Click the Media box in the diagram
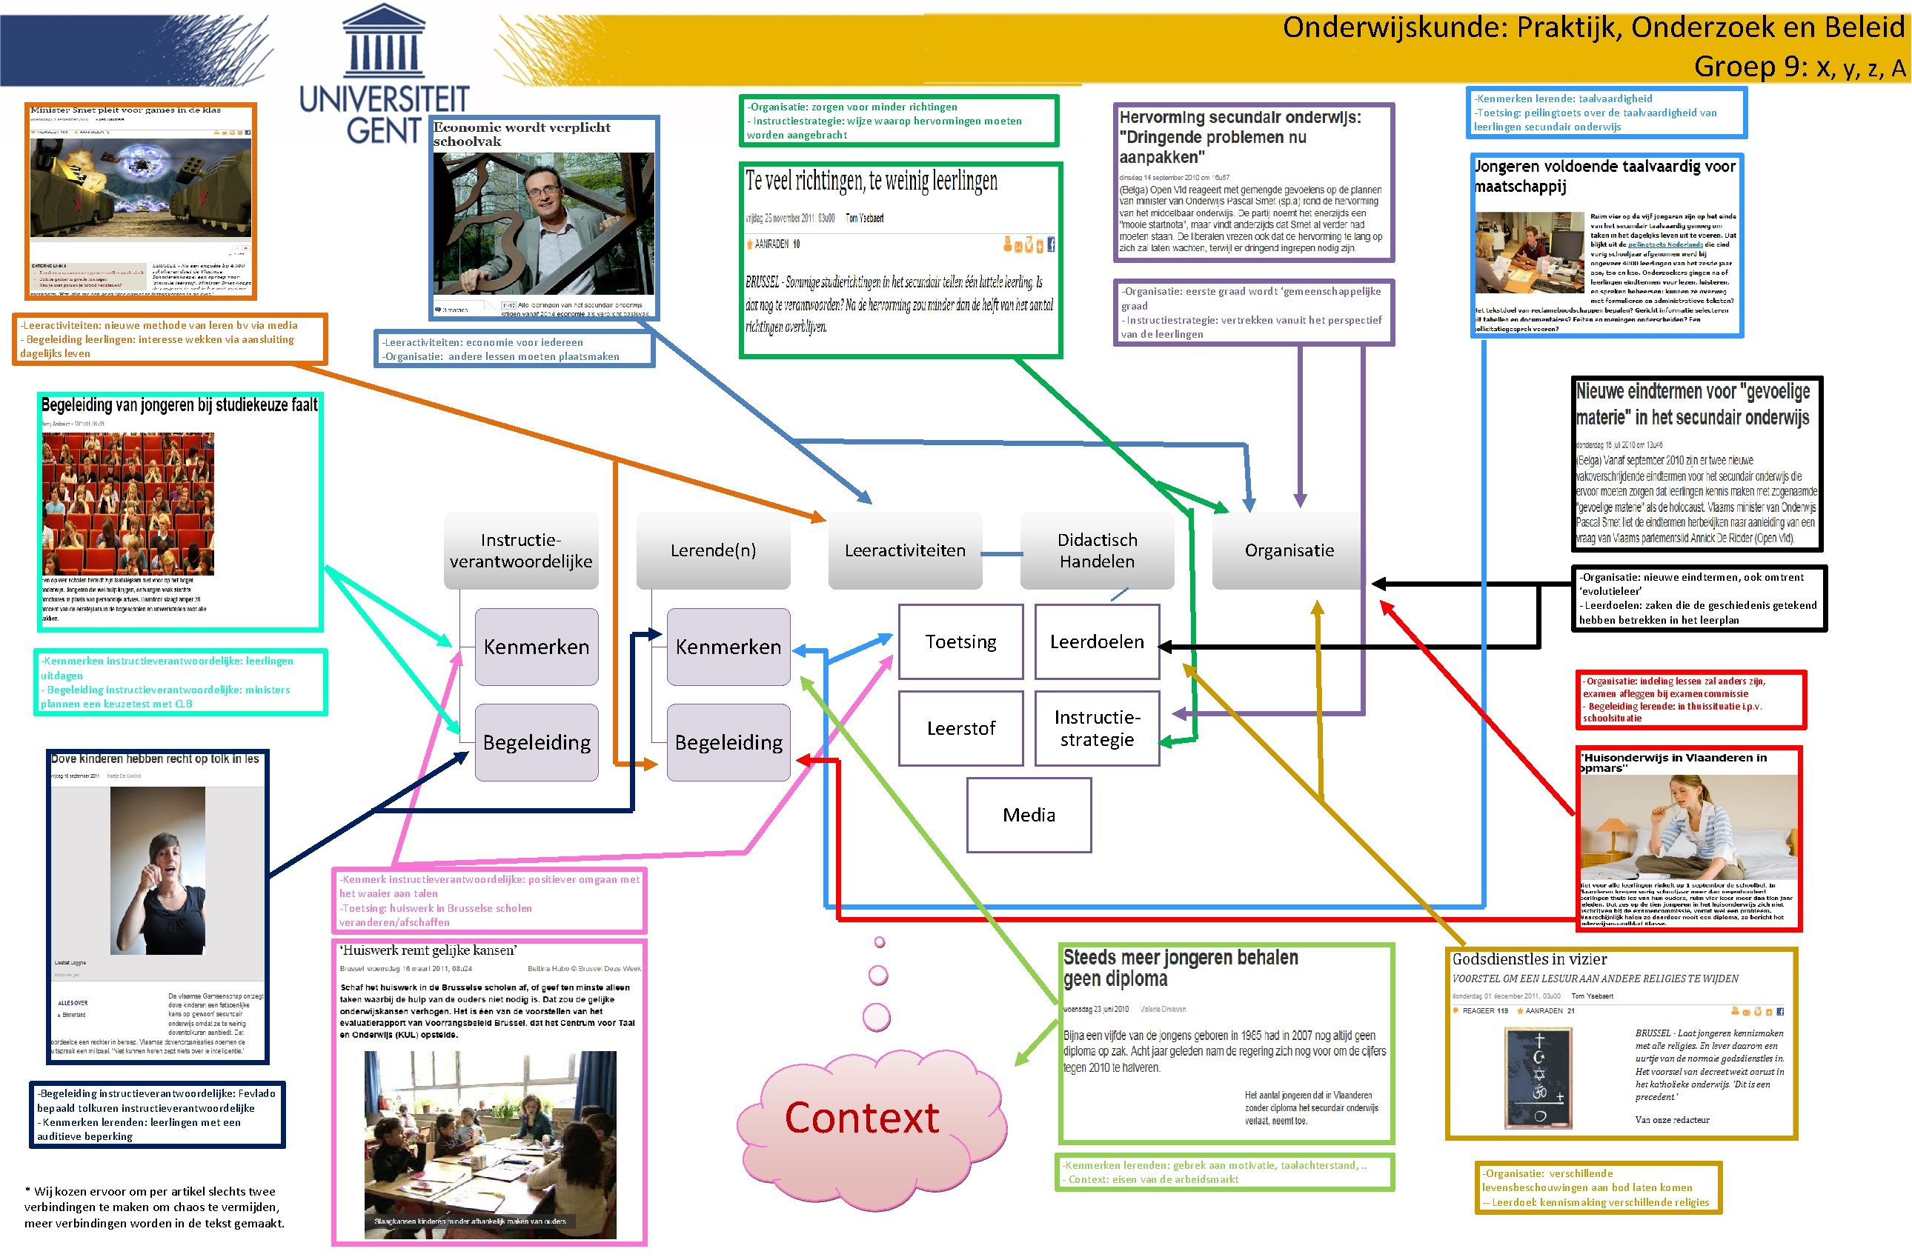pos(1028,815)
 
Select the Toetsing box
pos(960,642)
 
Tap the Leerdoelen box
pos(1096,642)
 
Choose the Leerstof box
pos(960,728)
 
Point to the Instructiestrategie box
pos(1096,728)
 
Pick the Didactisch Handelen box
pos(1096,550)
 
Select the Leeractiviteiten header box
pos(904,550)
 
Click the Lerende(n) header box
pos(713,550)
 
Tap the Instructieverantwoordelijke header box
pos(521,550)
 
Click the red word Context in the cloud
pos(862,1118)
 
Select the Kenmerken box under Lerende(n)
pos(728,647)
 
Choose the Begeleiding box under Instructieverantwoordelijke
pos(536,742)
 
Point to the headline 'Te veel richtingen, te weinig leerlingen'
pos(872,181)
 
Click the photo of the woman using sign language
pos(158,870)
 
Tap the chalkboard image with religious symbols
pos(1538,1078)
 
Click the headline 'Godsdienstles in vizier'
pos(1529,959)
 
